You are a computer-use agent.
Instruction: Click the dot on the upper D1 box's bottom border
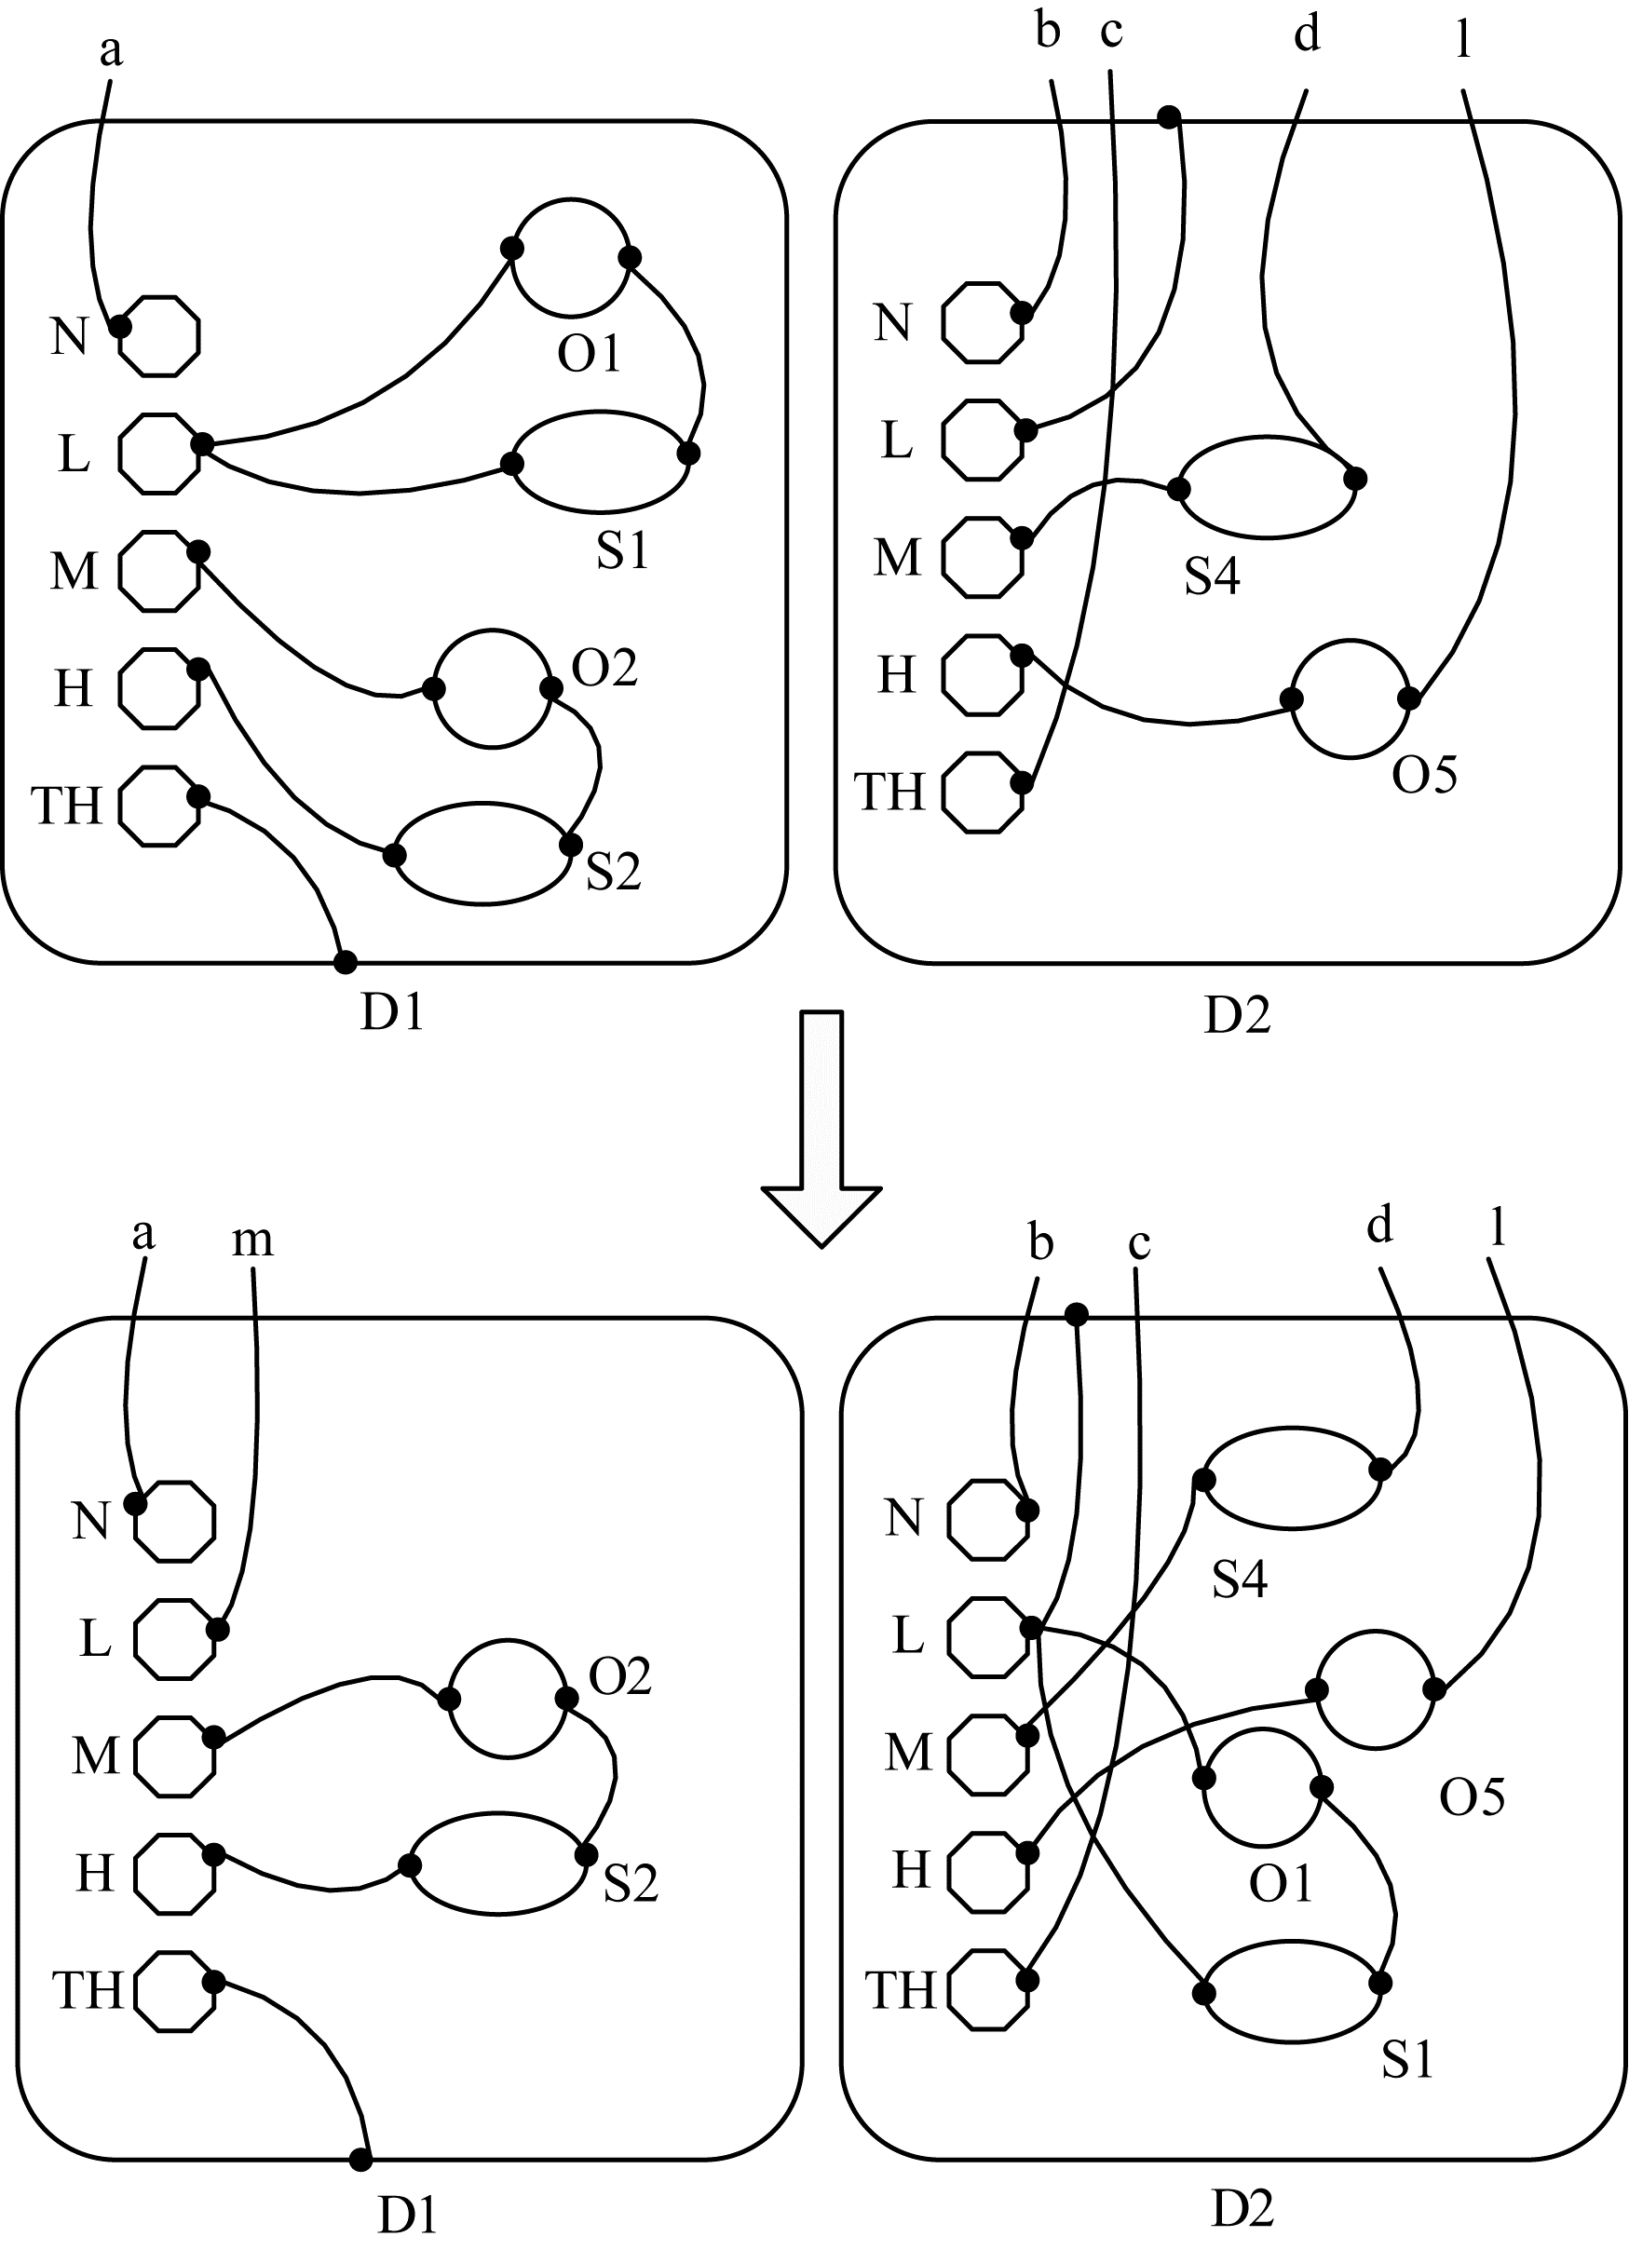tap(346, 961)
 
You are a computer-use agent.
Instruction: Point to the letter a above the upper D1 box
tap(111, 50)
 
